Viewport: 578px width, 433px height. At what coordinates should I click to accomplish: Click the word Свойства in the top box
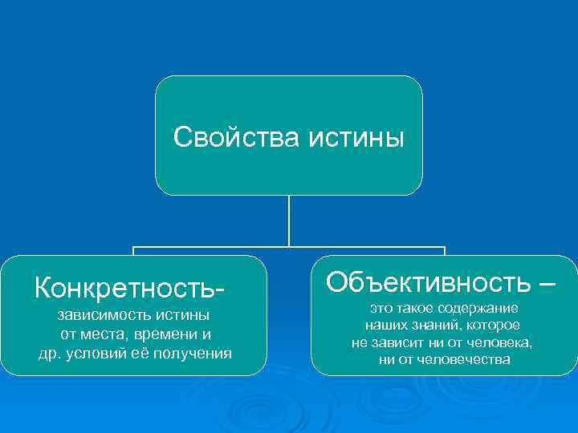(234, 137)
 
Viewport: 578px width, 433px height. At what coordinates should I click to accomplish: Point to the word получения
(197, 354)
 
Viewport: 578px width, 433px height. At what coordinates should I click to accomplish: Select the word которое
(493, 326)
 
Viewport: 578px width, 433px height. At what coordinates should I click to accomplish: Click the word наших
(385, 326)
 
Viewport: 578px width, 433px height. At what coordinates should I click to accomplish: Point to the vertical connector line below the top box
(289, 221)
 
